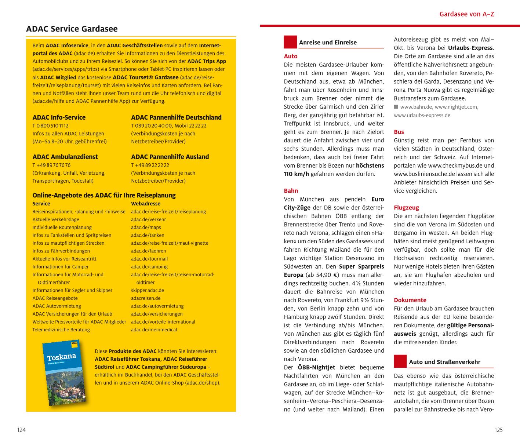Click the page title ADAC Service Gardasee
[x=72, y=29]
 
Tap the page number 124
[x=22, y=430]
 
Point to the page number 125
[x=498, y=430]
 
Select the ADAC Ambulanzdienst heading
[x=65, y=157]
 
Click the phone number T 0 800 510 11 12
[x=51, y=125]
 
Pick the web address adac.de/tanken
[x=148, y=235]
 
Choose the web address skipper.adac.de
[x=148, y=290]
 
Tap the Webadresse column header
[x=146, y=204]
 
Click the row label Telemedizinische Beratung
[x=61, y=330]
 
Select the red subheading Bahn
[x=291, y=191]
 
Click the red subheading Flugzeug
[x=406, y=208]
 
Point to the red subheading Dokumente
[x=410, y=300]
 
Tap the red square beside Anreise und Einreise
[x=290, y=42]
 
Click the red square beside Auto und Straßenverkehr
[x=400, y=361]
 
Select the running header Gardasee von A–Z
[x=467, y=14]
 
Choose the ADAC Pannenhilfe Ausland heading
[x=170, y=157]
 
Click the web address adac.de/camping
[x=149, y=267]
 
